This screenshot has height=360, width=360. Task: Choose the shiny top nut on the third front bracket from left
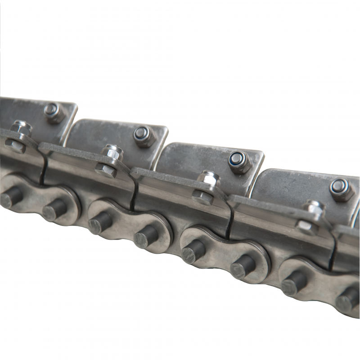coord(209,179)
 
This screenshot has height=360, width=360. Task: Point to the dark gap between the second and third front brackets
coord(134,193)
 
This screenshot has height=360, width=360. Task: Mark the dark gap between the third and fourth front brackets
coord(230,220)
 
